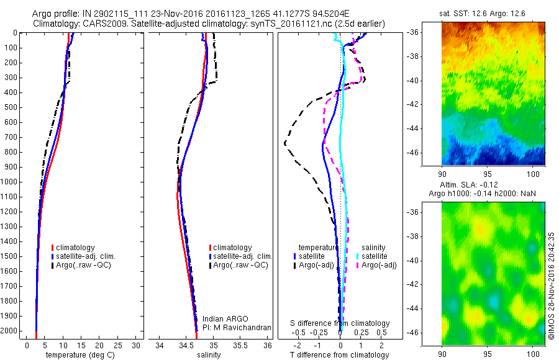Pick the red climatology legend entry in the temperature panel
point(77,248)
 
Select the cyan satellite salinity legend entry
point(375,256)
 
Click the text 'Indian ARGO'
point(225,319)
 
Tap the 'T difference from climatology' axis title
point(340,355)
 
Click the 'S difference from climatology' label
point(340,323)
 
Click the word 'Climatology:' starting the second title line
point(56,24)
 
